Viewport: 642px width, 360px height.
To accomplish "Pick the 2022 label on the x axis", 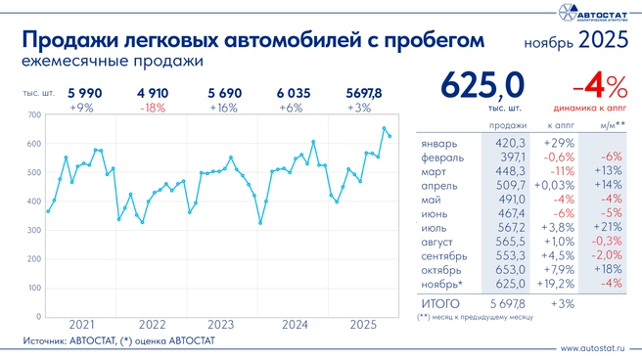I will click(x=152, y=324).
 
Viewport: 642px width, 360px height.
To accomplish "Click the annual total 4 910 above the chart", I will click(x=152, y=93).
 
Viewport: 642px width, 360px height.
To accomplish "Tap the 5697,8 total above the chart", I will click(x=366, y=93).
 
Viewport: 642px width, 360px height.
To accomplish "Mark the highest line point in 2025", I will click(x=385, y=128).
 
